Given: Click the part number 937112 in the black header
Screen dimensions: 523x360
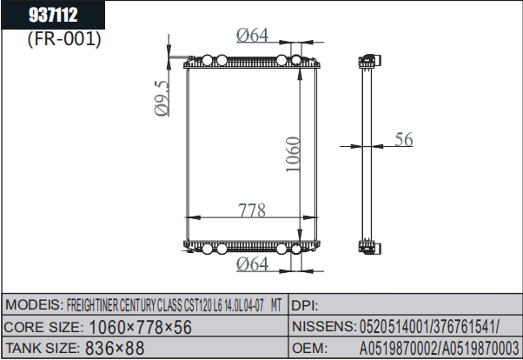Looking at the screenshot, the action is [x=53, y=15].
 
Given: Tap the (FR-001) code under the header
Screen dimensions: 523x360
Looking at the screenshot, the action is [x=64, y=39].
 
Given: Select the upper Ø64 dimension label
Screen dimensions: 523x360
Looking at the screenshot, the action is [x=252, y=35].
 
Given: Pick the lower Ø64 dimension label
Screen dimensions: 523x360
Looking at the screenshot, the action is [x=252, y=263].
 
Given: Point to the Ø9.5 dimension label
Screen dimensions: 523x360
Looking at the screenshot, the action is [x=162, y=98].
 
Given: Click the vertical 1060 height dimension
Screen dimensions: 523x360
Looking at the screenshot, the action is [x=293, y=154].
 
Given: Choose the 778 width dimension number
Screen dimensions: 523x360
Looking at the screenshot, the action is [x=252, y=210].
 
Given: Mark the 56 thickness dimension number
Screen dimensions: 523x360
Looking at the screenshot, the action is [x=404, y=139].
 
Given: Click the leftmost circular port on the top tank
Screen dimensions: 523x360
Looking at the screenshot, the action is [x=207, y=60].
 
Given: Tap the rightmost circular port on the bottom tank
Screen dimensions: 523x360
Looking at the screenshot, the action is [x=296, y=249].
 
